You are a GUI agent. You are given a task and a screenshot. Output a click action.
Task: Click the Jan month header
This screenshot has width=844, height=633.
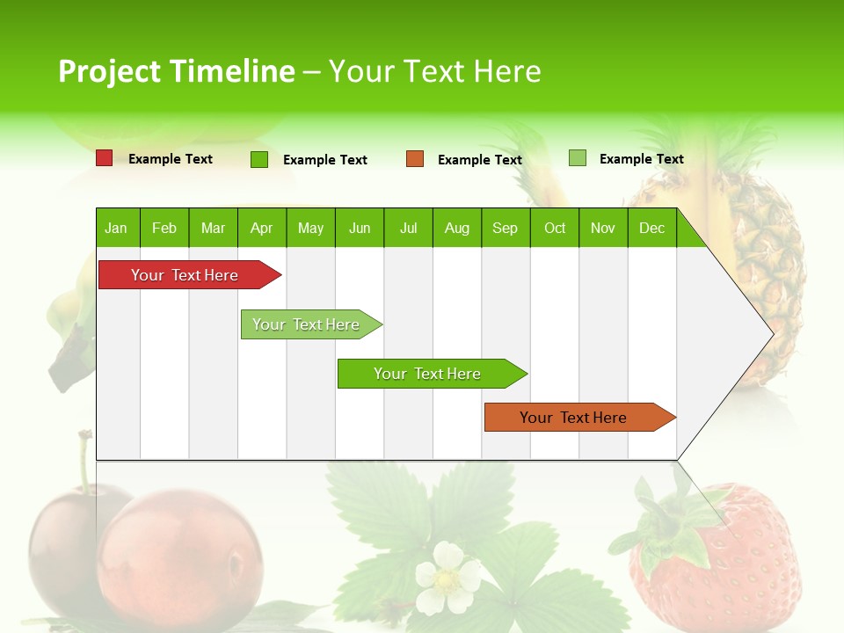(116, 228)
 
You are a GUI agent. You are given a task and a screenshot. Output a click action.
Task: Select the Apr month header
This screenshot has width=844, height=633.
(261, 228)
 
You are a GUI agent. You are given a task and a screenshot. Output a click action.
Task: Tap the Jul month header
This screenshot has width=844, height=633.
(408, 228)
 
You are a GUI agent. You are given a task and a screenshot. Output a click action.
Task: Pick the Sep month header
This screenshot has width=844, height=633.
(505, 228)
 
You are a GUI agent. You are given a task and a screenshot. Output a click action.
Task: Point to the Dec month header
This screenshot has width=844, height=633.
(651, 228)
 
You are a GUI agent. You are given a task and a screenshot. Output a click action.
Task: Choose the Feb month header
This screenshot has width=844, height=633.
(164, 228)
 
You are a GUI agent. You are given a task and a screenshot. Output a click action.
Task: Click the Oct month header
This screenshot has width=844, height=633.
(555, 228)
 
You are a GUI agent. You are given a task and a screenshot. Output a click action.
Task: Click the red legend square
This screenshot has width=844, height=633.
(104, 158)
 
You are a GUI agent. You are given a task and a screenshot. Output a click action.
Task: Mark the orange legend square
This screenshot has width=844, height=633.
(415, 159)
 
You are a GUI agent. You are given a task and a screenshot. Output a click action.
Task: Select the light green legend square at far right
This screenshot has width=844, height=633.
(577, 158)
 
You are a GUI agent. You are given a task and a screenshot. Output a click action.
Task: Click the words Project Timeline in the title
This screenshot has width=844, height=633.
(176, 71)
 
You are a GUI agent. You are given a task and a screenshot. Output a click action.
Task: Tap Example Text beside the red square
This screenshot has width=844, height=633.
(171, 159)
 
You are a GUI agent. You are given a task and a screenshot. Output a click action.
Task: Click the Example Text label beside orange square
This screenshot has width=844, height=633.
(480, 160)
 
